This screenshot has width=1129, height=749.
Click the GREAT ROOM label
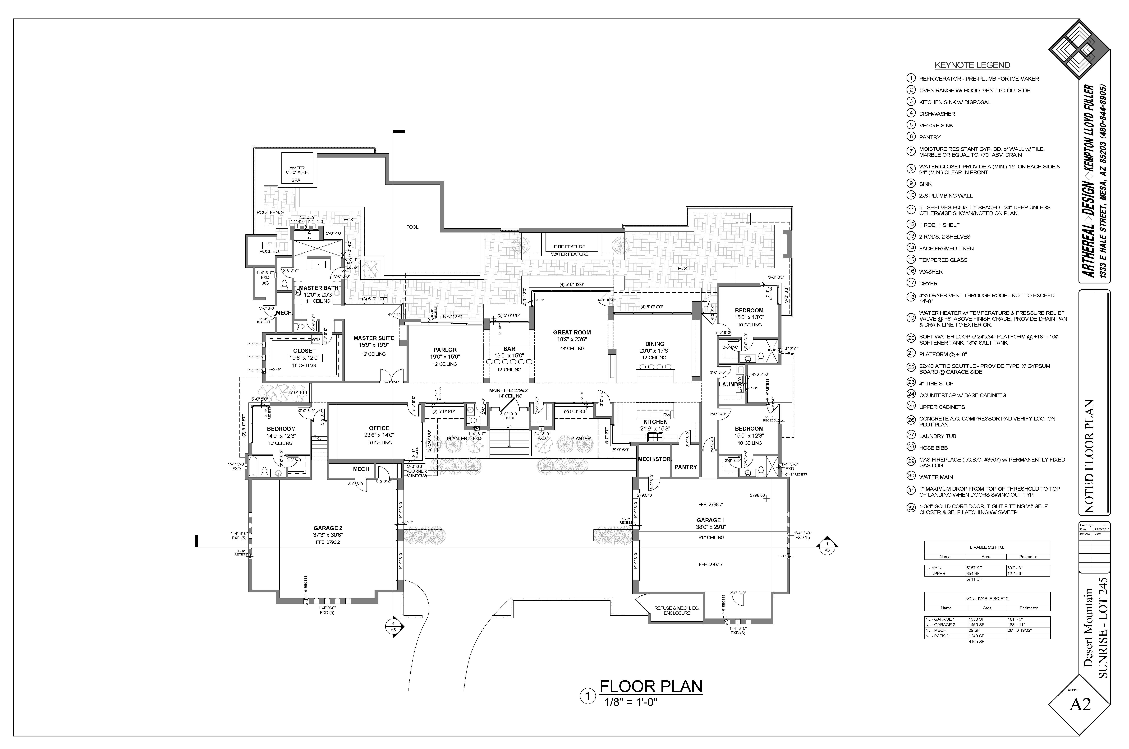point(572,333)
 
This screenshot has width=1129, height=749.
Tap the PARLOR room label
point(445,350)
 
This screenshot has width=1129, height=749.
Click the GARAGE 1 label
point(708,520)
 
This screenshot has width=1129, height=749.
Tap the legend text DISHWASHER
point(937,114)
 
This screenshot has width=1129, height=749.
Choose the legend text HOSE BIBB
point(933,448)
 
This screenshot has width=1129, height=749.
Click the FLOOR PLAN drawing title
point(651,686)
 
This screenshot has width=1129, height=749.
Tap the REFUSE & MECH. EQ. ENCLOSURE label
point(676,610)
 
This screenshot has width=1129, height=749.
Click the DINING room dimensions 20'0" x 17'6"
point(654,351)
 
